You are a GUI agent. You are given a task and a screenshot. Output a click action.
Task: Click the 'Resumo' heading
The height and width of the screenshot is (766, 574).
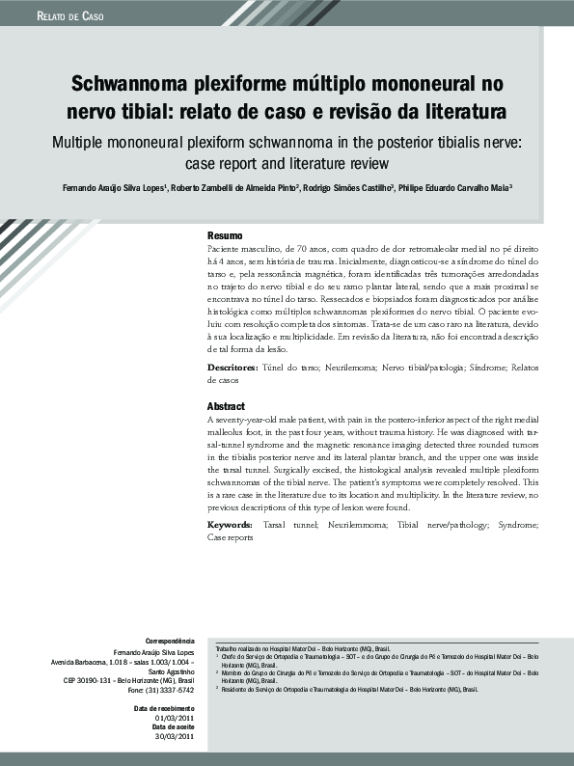tap(225, 236)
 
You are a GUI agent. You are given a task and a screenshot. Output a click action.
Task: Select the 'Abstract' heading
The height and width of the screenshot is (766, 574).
tap(226, 407)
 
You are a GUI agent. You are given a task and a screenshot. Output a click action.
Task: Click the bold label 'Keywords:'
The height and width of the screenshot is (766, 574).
tap(232, 525)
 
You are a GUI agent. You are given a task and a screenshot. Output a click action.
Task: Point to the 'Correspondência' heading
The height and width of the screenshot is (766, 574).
tap(169, 642)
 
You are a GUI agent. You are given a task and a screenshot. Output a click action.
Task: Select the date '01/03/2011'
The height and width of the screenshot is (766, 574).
tap(175, 719)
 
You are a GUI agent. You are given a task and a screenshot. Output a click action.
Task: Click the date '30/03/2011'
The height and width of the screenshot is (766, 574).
tap(175, 738)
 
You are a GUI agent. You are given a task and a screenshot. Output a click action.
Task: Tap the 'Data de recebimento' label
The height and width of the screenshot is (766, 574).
tap(164, 709)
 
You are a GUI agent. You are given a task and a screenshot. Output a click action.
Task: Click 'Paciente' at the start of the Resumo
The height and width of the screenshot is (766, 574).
tap(226, 249)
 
